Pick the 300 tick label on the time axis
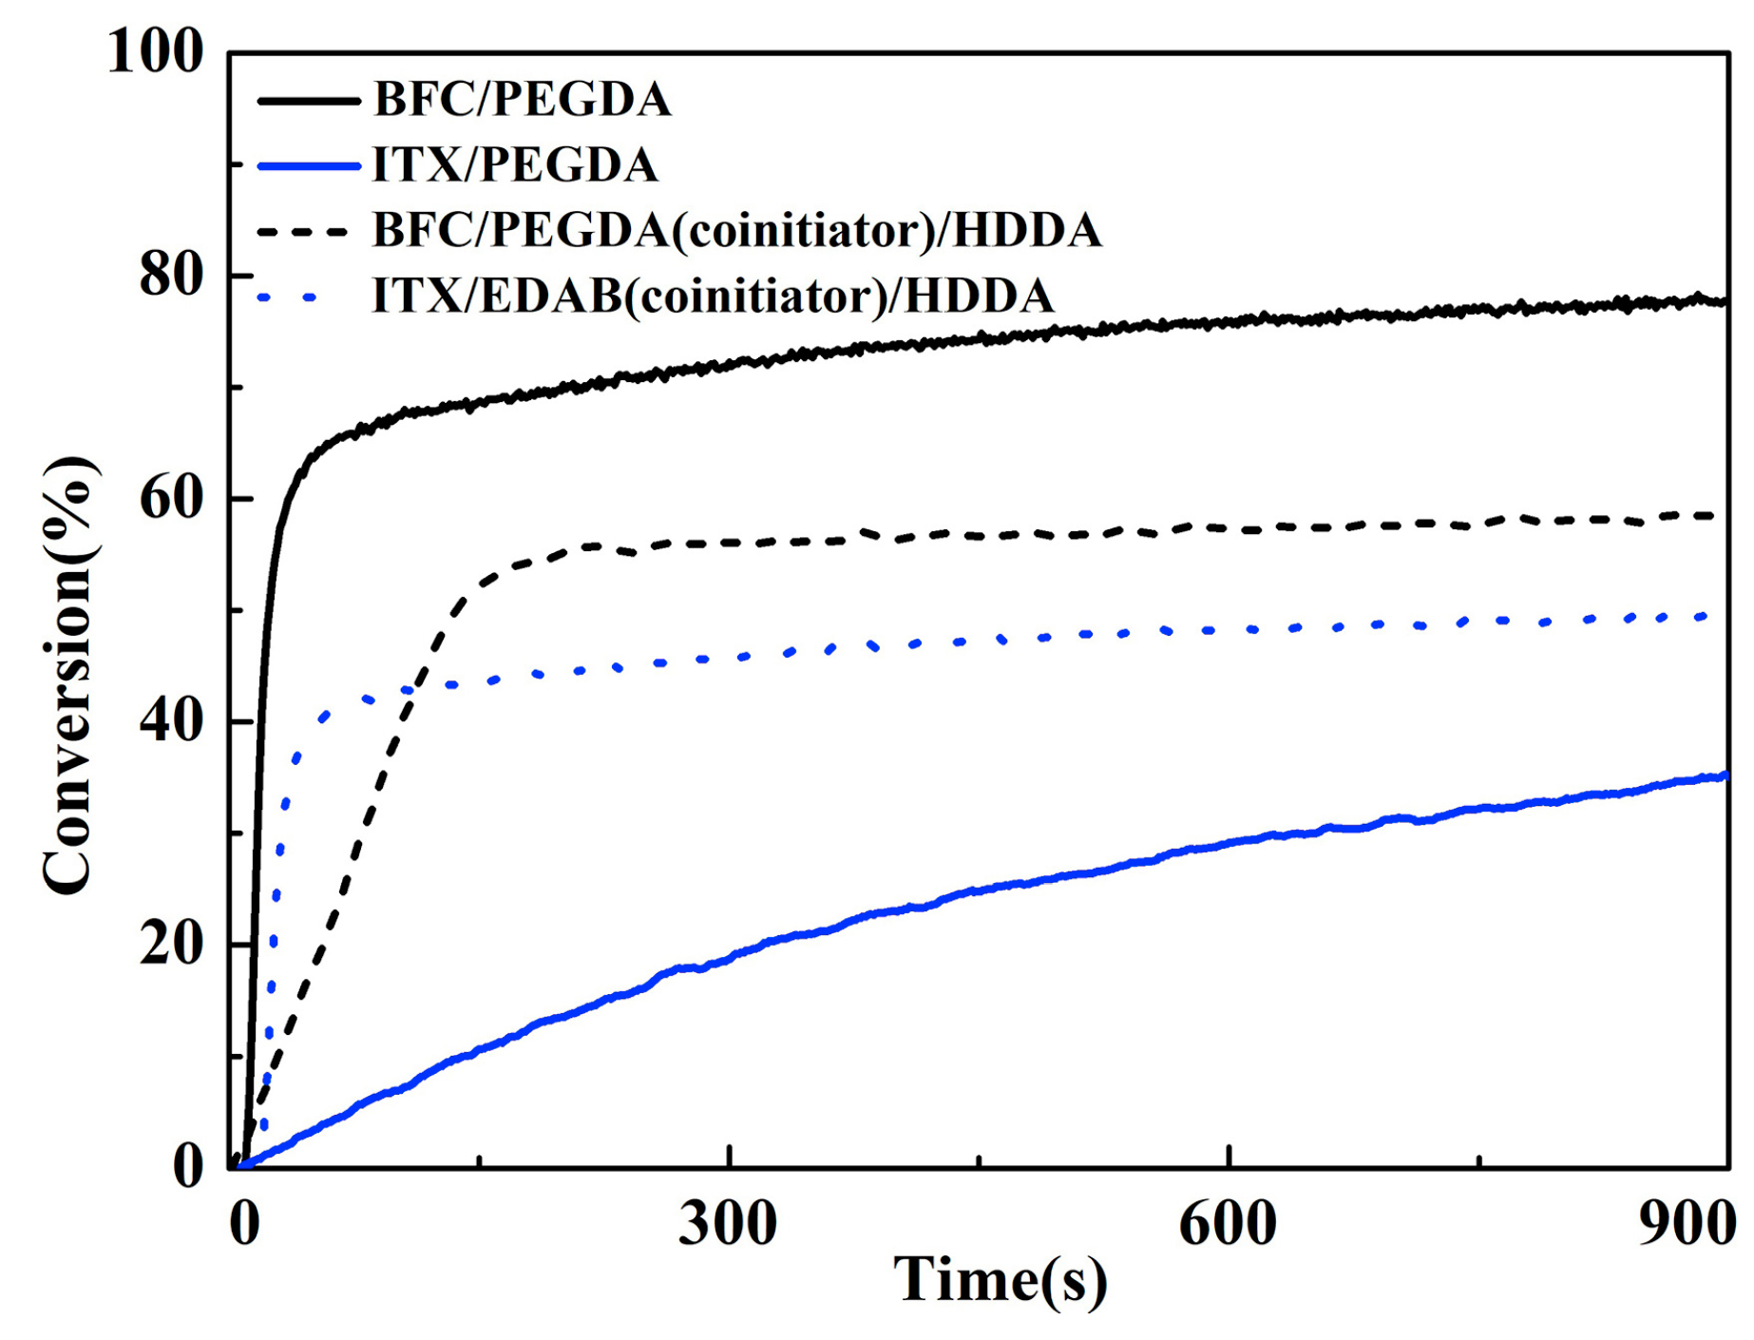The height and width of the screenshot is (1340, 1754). (x=728, y=1223)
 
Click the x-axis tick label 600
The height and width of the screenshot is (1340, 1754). (x=1228, y=1223)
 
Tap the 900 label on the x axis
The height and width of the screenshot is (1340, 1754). (x=1687, y=1223)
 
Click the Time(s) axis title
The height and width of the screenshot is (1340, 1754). (x=1000, y=1281)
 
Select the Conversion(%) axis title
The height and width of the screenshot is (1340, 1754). (x=68, y=675)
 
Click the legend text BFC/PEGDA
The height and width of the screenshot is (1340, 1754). (x=522, y=100)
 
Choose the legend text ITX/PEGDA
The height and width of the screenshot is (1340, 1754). (x=514, y=165)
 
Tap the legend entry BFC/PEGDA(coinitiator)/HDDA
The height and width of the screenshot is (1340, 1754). (x=736, y=231)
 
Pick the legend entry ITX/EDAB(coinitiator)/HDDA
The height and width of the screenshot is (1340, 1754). (x=713, y=297)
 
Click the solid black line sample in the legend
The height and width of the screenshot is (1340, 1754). (x=309, y=100)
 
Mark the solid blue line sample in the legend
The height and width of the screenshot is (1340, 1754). (x=309, y=165)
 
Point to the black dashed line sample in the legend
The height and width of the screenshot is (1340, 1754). (x=309, y=231)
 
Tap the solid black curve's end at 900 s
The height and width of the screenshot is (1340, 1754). (x=1724, y=301)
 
